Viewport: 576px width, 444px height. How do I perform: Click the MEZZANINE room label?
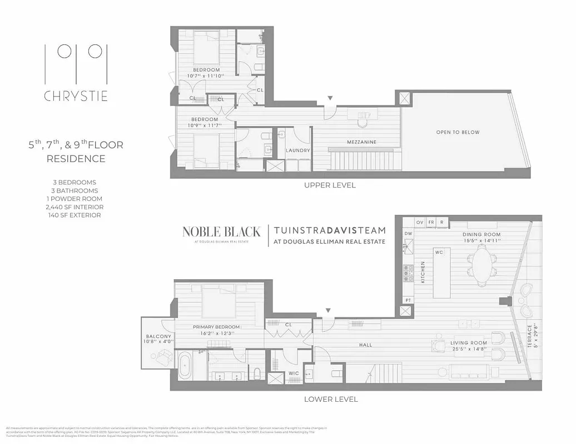coord(363,142)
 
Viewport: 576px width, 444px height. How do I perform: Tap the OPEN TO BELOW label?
coord(458,132)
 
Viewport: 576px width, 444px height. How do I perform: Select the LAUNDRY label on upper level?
coord(297,150)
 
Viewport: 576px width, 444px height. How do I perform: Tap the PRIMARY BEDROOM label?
coord(216,327)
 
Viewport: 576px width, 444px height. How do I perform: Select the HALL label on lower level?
coord(365,345)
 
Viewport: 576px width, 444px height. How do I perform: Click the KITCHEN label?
coord(423,272)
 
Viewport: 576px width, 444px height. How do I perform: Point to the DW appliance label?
coord(408,234)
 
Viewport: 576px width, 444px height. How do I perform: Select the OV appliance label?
coord(420,222)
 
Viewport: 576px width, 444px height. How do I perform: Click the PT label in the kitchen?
coord(408,300)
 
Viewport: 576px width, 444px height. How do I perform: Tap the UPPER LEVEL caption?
coord(330,185)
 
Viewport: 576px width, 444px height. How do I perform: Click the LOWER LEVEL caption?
coord(331,399)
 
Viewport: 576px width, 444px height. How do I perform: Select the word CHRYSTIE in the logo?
coord(76,96)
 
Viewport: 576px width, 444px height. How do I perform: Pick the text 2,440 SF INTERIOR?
coord(75,207)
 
